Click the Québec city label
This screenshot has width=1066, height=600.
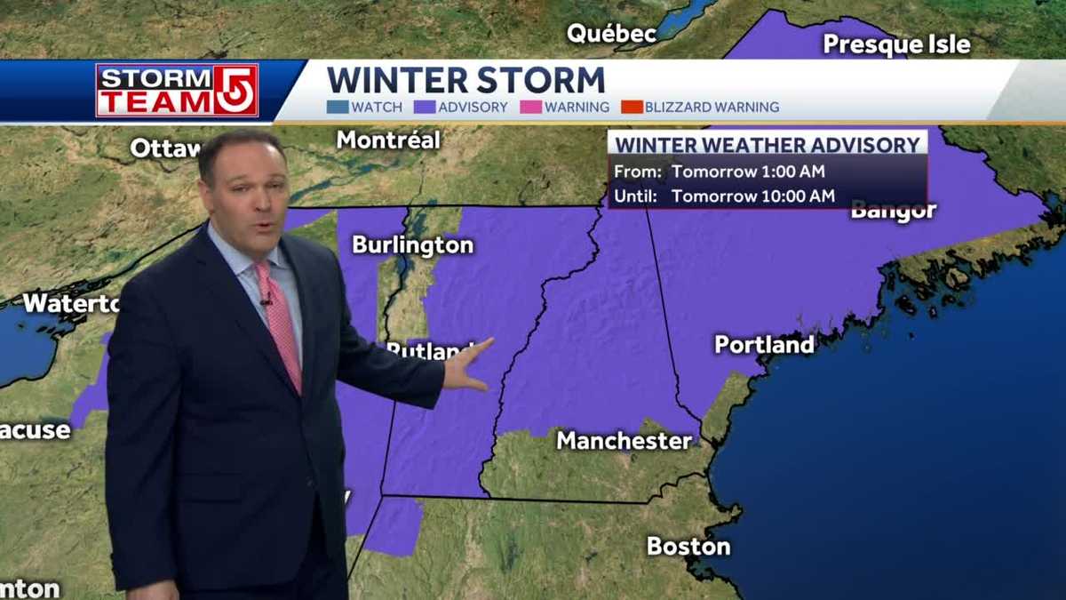(x=612, y=35)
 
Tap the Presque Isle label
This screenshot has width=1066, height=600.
(x=896, y=44)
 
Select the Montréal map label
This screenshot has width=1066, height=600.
(x=388, y=140)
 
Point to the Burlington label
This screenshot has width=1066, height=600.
(x=412, y=245)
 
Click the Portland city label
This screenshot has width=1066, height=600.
(x=764, y=345)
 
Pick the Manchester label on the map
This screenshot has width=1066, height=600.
(x=624, y=441)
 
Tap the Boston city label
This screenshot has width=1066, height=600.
(x=688, y=546)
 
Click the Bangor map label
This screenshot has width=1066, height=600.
(x=893, y=212)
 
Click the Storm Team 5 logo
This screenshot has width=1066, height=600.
(x=177, y=91)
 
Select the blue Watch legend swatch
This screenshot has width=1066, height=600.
(x=337, y=108)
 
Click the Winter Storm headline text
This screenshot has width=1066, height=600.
(x=465, y=80)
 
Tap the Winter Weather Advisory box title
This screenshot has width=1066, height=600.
(x=768, y=145)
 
